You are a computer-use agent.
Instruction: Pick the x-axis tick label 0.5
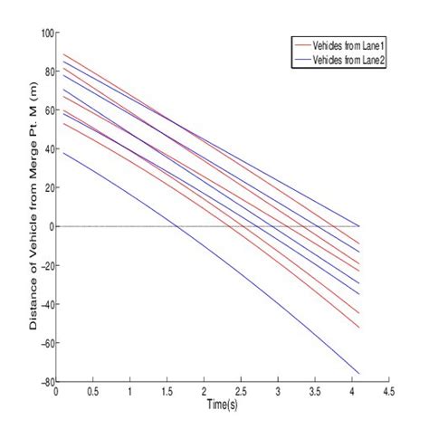(x=93, y=393)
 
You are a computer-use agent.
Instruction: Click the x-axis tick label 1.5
(x=167, y=393)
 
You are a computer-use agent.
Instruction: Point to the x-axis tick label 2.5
(x=241, y=393)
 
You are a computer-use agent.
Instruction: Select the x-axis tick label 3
(x=278, y=393)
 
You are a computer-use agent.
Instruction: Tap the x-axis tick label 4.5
(x=388, y=393)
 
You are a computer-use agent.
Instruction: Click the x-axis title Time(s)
(x=222, y=403)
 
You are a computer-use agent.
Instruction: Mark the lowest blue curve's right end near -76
(x=359, y=374)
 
